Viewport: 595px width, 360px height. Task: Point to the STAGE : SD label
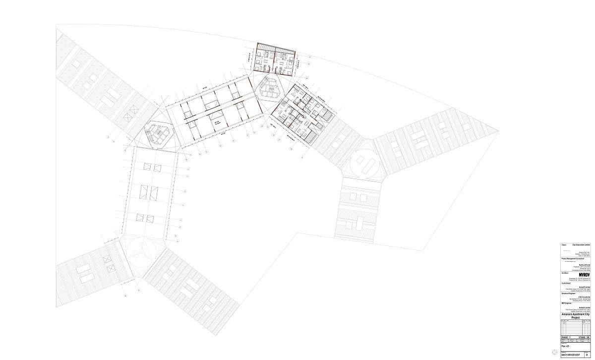[583, 337]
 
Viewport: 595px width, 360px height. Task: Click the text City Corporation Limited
[581, 245]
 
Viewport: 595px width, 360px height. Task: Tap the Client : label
[564, 245]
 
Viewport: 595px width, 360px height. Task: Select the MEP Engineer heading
[567, 304]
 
